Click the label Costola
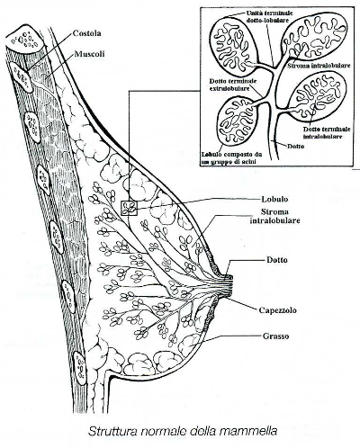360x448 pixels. (86, 33)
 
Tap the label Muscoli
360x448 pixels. (89, 54)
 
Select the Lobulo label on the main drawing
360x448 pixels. (274, 199)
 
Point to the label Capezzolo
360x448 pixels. (277, 309)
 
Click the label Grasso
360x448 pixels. (275, 336)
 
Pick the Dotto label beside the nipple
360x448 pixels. (277, 260)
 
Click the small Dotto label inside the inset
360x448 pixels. (296, 147)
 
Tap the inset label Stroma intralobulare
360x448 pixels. (319, 66)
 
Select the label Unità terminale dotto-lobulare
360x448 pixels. (265, 16)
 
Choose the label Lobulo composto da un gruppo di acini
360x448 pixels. (231, 157)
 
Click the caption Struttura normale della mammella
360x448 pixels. (183, 431)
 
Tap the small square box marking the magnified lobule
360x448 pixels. (129, 208)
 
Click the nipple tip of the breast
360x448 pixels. (231, 285)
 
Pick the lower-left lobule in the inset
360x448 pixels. (238, 121)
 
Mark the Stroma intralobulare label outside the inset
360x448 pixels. (275, 216)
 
